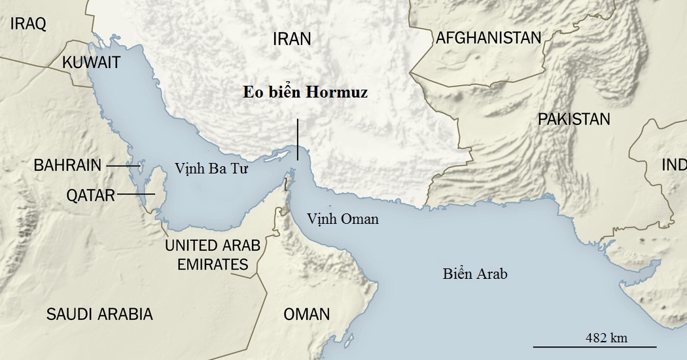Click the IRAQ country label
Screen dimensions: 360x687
27,24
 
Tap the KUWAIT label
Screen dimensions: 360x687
92,62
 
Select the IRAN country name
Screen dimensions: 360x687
292,39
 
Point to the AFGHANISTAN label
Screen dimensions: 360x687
489,37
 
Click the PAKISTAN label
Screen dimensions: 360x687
574,119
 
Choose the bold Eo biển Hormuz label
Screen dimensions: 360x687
305,92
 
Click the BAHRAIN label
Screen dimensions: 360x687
67,166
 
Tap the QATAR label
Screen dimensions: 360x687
90,194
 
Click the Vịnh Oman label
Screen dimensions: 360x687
343,219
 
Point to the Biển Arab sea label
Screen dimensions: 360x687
475,274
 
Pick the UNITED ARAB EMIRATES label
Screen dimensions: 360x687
212,255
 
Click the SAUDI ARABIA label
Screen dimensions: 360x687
99,314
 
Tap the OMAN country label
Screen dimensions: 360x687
306,314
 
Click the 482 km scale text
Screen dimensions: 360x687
606,338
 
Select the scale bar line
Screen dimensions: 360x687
594,346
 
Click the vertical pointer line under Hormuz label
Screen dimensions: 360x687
298,139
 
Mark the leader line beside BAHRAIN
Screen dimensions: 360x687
122,166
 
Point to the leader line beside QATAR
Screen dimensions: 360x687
136,194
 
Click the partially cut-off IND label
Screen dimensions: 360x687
673,165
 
